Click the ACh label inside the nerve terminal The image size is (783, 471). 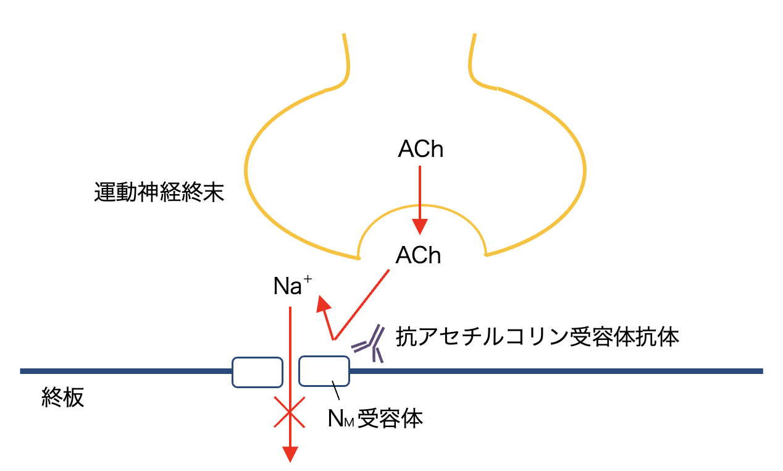click(x=421, y=150)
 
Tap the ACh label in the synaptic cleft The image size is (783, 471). click(x=419, y=255)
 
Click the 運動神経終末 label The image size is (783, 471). click(x=159, y=194)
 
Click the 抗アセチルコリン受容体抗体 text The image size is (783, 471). click(x=537, y=337)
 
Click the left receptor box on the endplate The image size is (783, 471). click(x=257, y=371)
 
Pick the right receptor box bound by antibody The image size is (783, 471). click(x=324, y=371)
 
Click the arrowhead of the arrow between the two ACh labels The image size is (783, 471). click(x=420, y=227)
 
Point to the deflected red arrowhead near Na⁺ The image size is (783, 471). click(x=323, y=305)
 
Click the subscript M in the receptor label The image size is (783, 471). click(x=350, y=422)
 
